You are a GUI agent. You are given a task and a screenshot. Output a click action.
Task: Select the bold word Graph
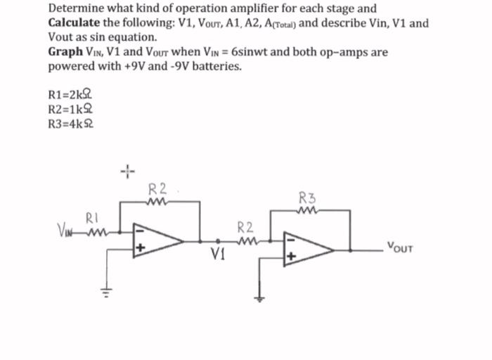[66, 53]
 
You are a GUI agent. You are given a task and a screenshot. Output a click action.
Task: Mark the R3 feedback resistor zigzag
[307, 209]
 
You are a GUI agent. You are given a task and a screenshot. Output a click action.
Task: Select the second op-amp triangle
[306, 247]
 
